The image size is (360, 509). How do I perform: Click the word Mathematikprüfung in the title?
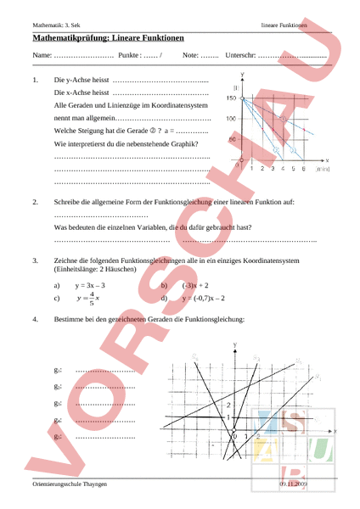72,39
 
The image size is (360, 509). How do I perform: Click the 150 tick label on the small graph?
231,99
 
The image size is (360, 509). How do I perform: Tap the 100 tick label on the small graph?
231,119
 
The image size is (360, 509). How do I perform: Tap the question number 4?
34,320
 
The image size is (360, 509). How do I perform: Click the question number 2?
34,203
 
